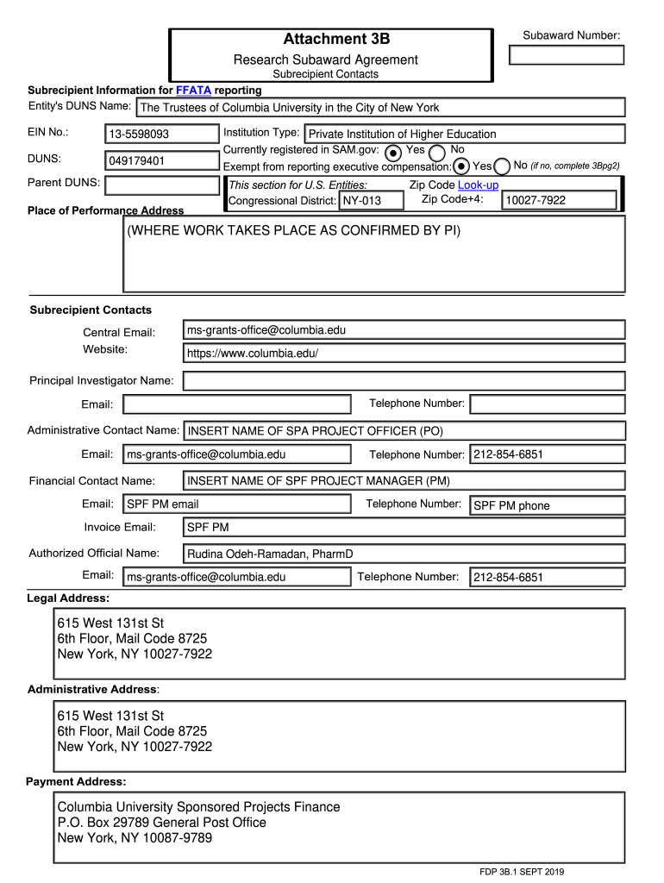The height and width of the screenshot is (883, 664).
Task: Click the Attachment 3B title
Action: (x=336, y=39)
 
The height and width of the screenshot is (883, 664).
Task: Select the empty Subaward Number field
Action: (x=567, y=55)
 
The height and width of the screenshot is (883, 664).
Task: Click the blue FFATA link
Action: (x=193, y=90)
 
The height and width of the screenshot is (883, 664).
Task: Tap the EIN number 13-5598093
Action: (x=161, y=134)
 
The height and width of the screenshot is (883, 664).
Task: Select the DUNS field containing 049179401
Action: (x=161, y=160)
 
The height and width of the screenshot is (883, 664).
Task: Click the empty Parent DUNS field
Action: (x=161, y=185)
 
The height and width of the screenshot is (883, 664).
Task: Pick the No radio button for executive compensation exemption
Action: (x=502, y=166)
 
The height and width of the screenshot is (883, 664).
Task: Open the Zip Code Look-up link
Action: (x=478, y=185)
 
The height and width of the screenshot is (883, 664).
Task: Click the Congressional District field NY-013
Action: (x=370, y=201)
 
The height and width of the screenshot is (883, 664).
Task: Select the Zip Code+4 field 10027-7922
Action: (x=559, y=200)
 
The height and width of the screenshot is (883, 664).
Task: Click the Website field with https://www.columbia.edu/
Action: (x=404, y=353)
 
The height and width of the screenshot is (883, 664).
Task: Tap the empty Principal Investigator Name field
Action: (x=404, y=381)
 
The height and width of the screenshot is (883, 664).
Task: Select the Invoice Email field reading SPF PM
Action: (x=404, y=527)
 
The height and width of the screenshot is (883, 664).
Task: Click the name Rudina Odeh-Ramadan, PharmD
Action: (x=271, y=554)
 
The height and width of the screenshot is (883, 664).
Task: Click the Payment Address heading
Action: (x=76, y=781)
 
